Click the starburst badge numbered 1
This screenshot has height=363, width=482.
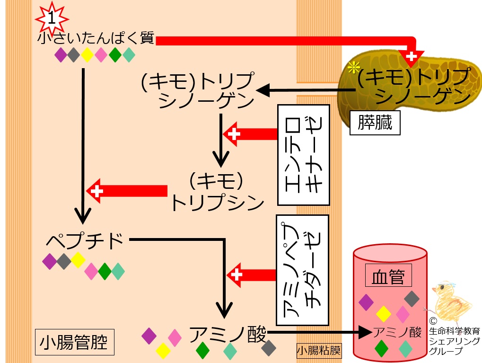point(52,18)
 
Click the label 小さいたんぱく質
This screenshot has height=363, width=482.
point(96,39)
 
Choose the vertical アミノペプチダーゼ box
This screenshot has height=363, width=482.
point(301,270)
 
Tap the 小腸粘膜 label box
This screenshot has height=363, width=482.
point(318,351)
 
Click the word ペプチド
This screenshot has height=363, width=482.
point(85,241)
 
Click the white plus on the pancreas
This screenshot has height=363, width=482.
point(412,56)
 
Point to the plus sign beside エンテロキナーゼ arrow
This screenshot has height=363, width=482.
point(234,134)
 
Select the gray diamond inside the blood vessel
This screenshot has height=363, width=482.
point(412,298)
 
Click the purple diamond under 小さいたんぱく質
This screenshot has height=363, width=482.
point(61,55)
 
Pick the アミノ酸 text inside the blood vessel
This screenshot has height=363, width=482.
point(397,333)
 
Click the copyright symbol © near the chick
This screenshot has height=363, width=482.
point(433,320)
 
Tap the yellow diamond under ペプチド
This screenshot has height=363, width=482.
point(78,260)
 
